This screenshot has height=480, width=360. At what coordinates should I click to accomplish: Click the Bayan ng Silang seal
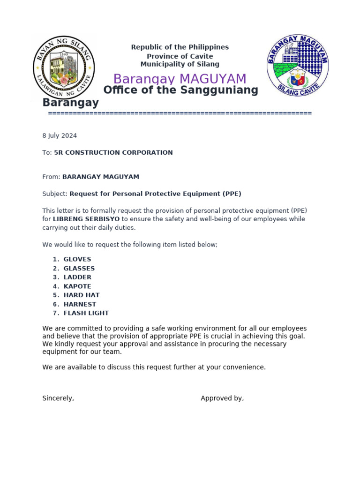pyautogui.click(x=64, y=67)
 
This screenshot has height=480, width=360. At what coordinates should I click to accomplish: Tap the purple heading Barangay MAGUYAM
pyautogui.click(x=180, y=79)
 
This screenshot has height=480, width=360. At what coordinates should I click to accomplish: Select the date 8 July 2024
pyautogui.click(x=60, y=136)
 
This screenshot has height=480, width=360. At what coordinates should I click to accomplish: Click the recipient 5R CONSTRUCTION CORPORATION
pyautogui.click(x=113, y=153)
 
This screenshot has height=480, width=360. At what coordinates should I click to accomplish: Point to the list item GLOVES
pyautogui.click(x=77, y=259)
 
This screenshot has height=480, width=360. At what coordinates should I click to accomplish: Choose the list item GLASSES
pyautogui.click(x=79, y=269)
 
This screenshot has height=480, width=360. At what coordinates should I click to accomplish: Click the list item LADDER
pyautogui.click(x=77, y=277)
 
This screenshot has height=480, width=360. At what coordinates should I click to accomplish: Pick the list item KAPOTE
pyautogui.click(x=77, y=286)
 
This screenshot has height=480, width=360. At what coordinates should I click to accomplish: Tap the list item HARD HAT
pyautogui.click(x=82, y=295)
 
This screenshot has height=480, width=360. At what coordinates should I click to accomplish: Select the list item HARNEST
pyautogui.click(x=80, y=304)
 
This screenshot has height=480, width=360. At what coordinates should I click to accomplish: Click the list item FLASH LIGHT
pyautogui.click(x=86, y=313)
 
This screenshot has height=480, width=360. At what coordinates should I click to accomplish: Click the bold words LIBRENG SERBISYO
pyautogui.click(x=86, y=219)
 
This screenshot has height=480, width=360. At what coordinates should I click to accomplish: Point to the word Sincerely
pyautogui.click(x=58, y=398)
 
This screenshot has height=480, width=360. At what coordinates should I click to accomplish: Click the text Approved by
pyautogui.click(x=222, y=398)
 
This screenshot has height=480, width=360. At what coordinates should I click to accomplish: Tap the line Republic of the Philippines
pyautogui.click(x=180, y=47)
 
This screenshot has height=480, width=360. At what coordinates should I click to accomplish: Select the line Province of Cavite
pyautogui.click(x=180, y=56)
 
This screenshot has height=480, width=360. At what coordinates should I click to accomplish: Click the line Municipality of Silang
pyautogui.click(x=180, y=64)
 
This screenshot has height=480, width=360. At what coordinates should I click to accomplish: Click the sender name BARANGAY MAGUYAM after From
pyautogui.click(x=101, y=177)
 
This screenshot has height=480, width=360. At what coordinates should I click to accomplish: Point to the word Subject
pyautogui.click(x=55, y=194)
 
